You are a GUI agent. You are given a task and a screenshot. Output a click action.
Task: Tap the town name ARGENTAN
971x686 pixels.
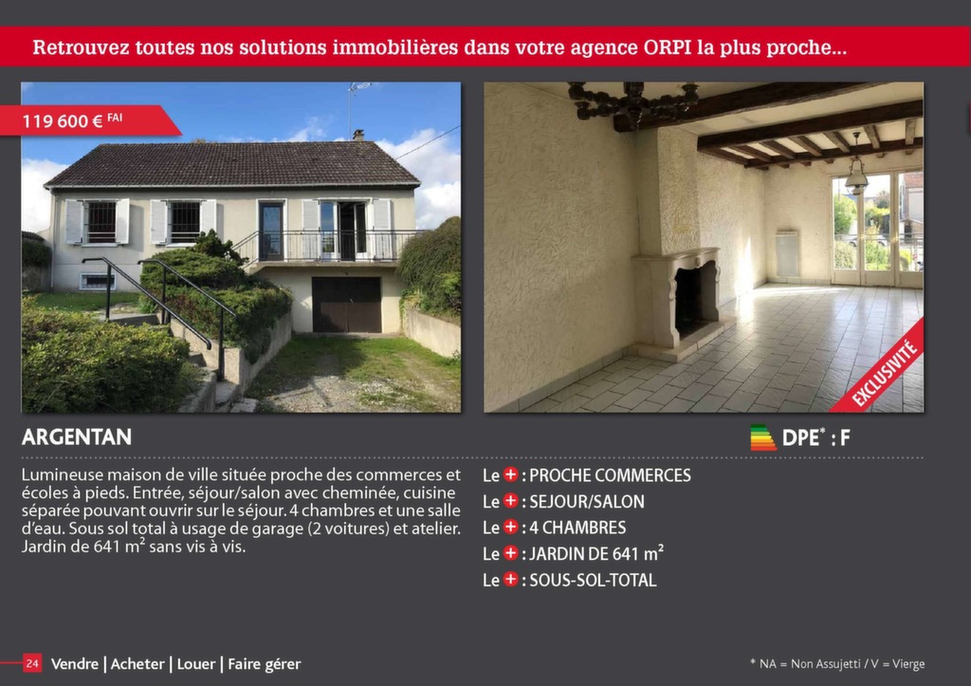pos(77,436)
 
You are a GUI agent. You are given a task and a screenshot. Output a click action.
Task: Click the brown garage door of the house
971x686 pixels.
pos(347,305)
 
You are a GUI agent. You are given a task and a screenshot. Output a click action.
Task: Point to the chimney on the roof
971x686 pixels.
pos(357,135)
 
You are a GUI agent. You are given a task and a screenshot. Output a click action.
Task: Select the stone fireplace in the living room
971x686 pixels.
pos(677,301)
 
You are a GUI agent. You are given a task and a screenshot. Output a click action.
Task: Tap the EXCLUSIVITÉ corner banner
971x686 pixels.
pos(883,371)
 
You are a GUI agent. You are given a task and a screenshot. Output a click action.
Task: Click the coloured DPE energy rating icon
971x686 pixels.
pos(762,437)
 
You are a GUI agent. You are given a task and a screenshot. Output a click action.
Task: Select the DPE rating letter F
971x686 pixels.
pos(845,438)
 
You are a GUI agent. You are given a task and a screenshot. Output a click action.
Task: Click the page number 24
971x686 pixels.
pos(32,663)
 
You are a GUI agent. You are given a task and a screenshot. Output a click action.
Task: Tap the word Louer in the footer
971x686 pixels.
pos(196,663)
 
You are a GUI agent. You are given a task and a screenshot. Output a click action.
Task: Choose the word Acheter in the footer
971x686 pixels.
pos(137,663)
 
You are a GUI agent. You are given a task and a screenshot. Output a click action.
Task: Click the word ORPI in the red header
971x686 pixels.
pos(668,47)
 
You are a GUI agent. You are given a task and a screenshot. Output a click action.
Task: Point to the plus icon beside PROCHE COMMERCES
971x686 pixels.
pos(510,474)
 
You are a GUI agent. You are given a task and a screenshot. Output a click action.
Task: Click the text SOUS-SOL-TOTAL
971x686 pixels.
pos(593,580)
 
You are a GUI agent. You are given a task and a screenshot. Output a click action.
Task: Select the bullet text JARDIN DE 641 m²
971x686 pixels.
pos(596,553)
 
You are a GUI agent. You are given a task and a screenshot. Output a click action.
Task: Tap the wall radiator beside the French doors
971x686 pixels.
pos(787,254)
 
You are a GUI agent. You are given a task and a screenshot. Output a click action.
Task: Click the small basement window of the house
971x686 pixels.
pos(98,282)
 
